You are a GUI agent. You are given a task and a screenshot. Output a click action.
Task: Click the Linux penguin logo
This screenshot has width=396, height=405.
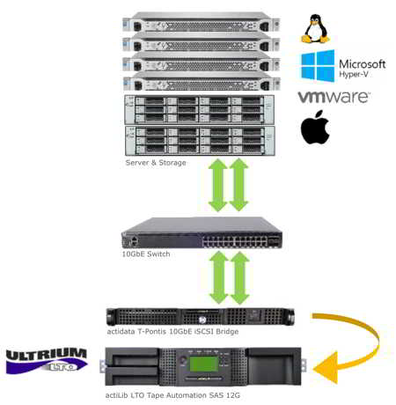(x=315, y=28)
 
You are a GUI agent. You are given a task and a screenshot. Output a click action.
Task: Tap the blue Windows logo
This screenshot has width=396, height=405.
(x=318, y=65)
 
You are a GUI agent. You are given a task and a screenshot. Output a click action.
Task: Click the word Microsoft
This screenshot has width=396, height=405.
(x=363, y=64)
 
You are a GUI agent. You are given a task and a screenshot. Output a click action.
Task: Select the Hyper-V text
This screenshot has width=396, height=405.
(x=354, y=74)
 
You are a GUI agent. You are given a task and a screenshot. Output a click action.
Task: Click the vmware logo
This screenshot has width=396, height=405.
(x=334, y=97)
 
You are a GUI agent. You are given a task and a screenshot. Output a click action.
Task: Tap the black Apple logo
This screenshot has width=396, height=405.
(x=315, y=127)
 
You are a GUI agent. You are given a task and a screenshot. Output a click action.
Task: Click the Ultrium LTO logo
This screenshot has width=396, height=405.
(x=47, y=360)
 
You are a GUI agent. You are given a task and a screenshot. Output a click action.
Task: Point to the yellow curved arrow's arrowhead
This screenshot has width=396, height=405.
(x=325, y=368)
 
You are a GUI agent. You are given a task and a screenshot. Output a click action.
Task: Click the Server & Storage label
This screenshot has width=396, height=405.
(x=156, y=163)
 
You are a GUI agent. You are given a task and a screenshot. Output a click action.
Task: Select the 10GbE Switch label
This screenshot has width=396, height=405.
(x=146, y=254)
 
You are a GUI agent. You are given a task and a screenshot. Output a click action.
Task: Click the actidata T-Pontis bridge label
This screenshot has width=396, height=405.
(x=172, y=331)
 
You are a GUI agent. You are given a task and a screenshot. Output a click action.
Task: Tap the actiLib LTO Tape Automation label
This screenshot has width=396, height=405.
(x=172, y=395)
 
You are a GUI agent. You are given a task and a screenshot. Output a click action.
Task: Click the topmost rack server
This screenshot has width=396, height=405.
(x=202, y=22)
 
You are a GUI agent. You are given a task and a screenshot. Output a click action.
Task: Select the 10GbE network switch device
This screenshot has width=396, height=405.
(x=202, y=232)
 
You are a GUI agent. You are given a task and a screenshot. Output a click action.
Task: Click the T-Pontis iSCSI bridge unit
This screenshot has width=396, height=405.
(x=201, y=316)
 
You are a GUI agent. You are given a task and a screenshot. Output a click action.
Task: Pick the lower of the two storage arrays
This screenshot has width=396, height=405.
(x=200, y=141)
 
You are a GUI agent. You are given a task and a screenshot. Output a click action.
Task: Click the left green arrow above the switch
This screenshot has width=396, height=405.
(x=218, y=185)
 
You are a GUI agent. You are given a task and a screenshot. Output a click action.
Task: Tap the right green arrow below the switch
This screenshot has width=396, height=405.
(x=240, y=277)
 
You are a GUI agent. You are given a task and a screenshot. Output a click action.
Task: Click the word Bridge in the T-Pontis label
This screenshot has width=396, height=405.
(x=227, y=332)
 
